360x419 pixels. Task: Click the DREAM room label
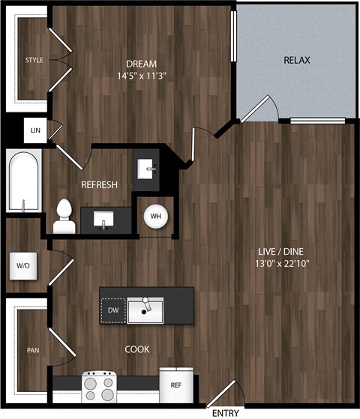(x=141, y=64)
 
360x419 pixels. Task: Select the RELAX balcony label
(x=297, y=60)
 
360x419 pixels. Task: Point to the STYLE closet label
(x=34, y=60)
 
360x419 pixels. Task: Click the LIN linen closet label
(x=34, y=130)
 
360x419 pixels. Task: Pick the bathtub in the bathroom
(x=25, y=181)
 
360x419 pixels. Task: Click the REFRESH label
(x=99, y=184)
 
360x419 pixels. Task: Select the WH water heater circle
(x=156, y=217)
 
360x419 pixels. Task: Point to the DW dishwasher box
(x=112, y=310)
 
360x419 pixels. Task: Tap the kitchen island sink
(x=145, y=309)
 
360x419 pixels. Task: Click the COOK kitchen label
(x=137, y=349)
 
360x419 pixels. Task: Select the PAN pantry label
(x=33, y=350)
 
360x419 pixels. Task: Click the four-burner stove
(x=100, y=388)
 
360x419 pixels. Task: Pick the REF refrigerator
(x=175, y=385)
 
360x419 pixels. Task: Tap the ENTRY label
(x=226, y=413)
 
